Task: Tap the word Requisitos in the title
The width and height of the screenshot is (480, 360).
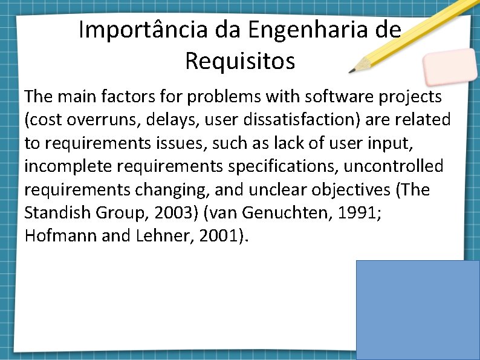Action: (240, 61)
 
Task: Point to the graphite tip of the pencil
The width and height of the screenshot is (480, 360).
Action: (351, 71)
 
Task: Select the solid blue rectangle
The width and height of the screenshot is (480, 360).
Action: (418, 310)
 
